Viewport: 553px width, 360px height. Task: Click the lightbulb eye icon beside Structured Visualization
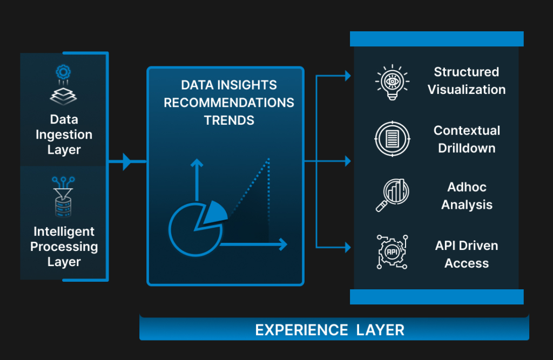coord(392,82)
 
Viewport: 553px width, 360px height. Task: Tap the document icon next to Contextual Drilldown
coord(392,139)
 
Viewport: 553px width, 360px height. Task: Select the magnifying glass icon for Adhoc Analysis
coord(392,195)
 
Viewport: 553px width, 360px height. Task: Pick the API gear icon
coord(392,252)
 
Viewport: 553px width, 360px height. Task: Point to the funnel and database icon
coord(64,197)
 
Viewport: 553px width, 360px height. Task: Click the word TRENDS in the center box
coord(229,120)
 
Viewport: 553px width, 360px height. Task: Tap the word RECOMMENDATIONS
coord(229,103)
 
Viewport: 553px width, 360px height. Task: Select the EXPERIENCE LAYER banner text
coord(330,330)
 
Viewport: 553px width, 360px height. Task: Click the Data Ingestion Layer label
coord(64,134)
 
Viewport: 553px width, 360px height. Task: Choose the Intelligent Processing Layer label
coord(64,247)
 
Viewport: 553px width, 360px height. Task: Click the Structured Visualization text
coord(467,81)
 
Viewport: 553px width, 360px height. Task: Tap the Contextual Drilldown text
coord(467,139)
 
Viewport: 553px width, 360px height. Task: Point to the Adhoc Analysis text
coord(467,196)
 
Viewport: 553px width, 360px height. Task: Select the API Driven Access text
coord(467,254)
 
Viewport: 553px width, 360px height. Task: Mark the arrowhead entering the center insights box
coord(127,161)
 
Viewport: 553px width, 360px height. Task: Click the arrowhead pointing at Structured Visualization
coord(348,76)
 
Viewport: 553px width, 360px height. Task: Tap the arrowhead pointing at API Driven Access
coord(348,247)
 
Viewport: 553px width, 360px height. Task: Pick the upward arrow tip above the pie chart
coord(197,162)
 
